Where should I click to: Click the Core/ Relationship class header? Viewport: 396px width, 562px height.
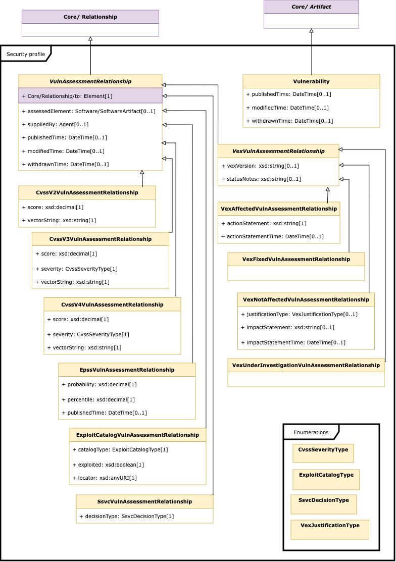90,17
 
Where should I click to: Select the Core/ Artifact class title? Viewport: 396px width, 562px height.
311,7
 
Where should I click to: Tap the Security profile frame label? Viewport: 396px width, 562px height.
26,54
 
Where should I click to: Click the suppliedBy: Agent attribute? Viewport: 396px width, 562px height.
55,124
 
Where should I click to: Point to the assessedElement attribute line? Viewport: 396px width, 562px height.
88,112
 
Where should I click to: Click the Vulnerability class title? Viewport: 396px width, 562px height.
311,81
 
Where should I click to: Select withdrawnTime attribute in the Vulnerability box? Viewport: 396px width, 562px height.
289,121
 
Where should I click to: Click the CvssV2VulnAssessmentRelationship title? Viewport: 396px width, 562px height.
87,192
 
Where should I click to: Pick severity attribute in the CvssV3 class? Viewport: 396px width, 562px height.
76,269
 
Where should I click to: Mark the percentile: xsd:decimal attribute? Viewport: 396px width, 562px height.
98,399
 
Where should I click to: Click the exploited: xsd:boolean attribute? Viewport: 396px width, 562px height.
108,465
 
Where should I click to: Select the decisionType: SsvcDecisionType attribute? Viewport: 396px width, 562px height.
126,517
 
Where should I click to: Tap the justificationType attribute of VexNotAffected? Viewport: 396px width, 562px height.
299,315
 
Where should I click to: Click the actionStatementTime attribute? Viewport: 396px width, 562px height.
272,236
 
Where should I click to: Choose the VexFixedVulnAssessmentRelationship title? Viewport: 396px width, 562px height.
296,259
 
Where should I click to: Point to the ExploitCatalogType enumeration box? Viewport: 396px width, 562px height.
326,480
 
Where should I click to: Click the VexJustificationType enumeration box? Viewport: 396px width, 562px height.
330,529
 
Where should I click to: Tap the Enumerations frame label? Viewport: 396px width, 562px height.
311,432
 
